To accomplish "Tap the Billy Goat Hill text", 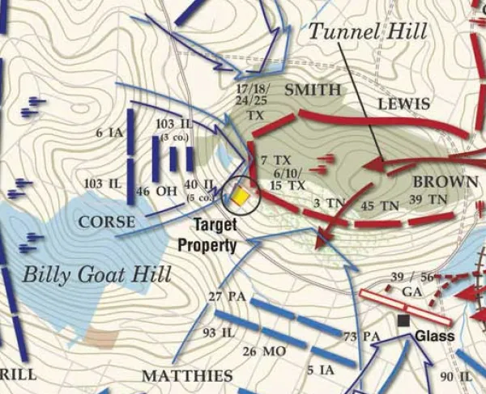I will click(x=96, y=274).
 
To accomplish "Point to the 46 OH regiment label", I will click(x=154, y=192).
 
